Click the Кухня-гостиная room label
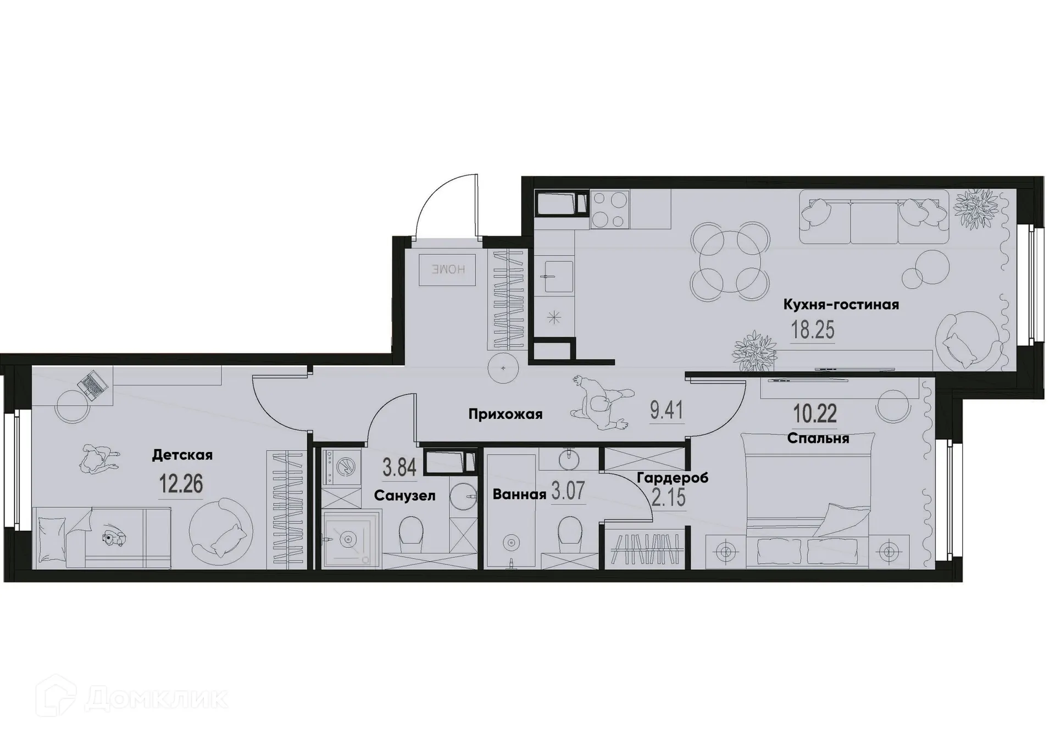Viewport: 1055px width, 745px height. coord(841,304)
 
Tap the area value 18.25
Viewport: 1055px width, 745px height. coord(812,331)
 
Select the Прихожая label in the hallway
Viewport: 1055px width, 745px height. coord(505,414)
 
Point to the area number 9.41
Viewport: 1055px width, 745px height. coord(666,410)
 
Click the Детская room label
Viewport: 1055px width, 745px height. coord(182,455)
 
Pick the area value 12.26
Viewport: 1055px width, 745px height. coord(181,484)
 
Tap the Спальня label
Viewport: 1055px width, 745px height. coord(818,438)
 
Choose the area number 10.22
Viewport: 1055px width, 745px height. coord(815,414)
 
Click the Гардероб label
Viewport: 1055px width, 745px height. coord(672,478)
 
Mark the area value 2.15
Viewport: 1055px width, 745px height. coord(669,498)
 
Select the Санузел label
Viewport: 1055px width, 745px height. coord(404,495)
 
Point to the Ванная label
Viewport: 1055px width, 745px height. coord(519,494)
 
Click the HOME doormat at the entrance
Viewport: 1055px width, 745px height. coord(447,270)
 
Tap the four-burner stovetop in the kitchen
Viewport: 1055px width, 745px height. coord(610,209)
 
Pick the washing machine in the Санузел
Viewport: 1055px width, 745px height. coord(342,467)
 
